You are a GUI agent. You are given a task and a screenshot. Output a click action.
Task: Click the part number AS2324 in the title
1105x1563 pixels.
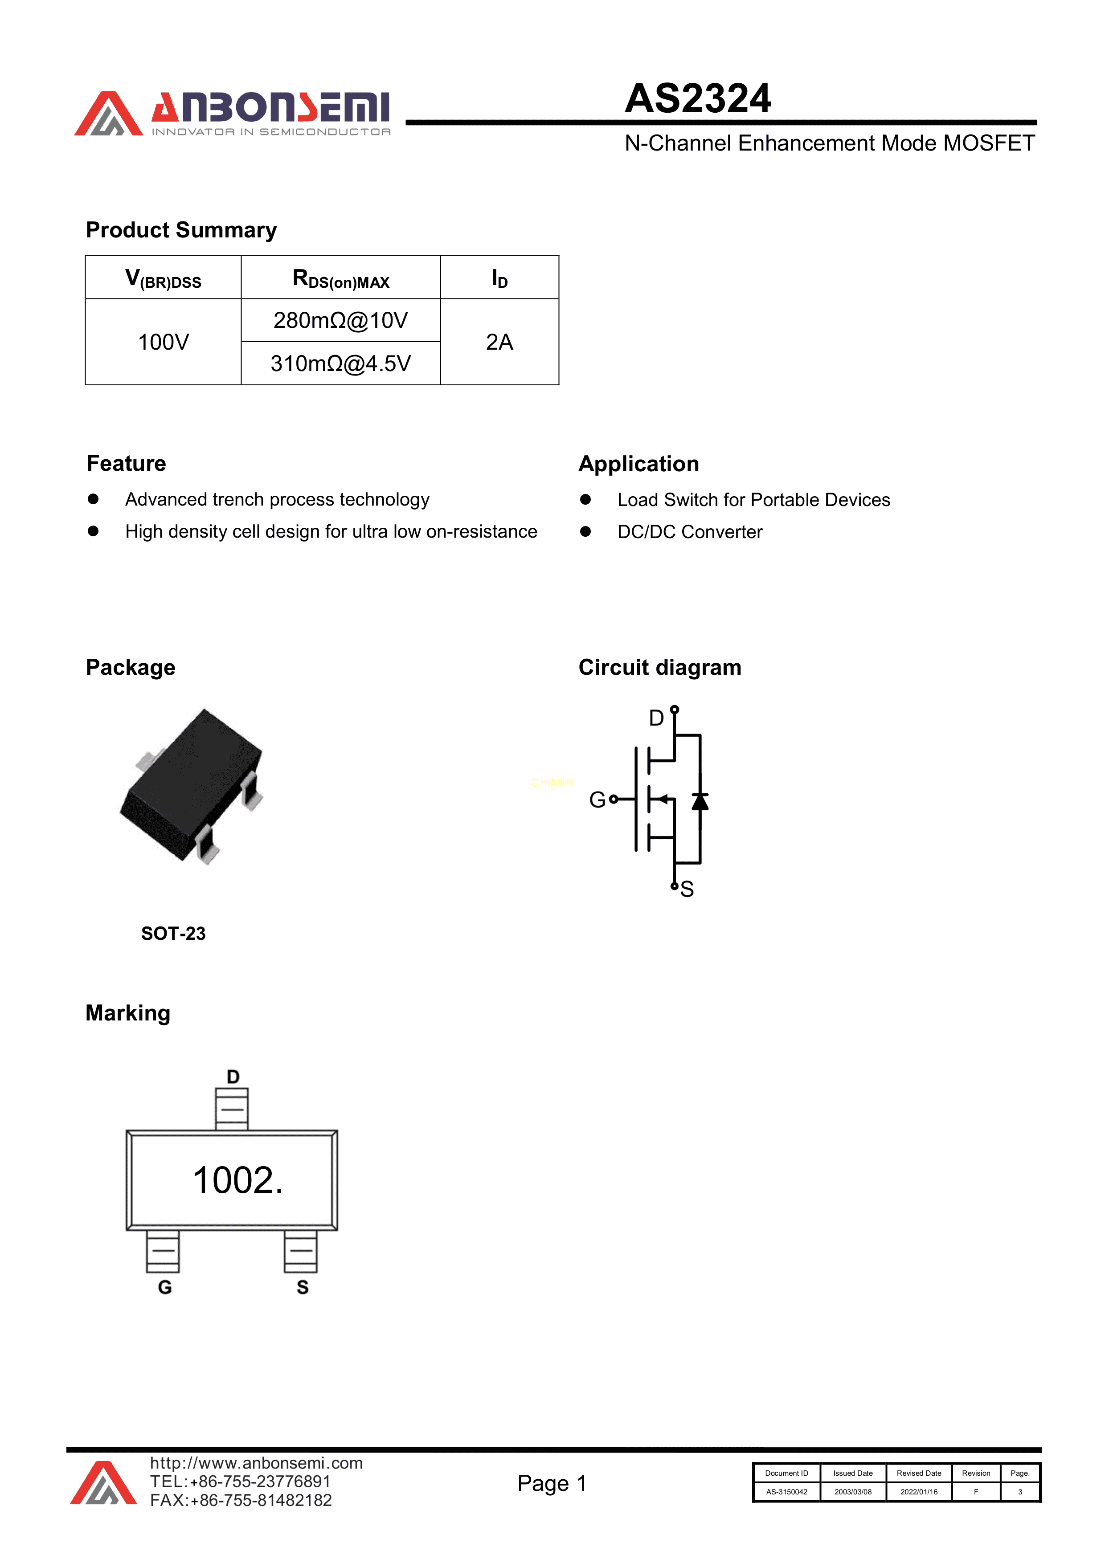[698, 99]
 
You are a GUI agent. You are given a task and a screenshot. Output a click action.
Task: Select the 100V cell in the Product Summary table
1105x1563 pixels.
[164, 342]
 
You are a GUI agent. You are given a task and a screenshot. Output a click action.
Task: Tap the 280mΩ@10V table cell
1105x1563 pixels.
[340, 320]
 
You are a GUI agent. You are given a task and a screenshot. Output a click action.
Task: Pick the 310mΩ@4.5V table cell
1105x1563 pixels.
[340, 363]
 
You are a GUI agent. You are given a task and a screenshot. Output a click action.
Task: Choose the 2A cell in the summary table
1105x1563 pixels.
[499, 342]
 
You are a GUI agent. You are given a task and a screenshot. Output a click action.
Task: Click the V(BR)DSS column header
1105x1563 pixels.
[164, 278]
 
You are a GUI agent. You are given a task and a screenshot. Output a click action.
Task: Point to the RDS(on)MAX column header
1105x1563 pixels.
[340, 278]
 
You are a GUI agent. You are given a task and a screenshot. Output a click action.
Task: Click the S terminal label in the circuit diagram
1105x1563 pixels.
[687, 889]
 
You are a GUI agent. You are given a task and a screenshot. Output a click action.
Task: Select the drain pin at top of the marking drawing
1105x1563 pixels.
[232, 1108]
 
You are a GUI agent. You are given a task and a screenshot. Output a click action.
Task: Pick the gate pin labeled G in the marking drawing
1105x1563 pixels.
[163, 1251]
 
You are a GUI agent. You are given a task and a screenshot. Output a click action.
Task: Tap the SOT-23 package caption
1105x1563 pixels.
[173, 933]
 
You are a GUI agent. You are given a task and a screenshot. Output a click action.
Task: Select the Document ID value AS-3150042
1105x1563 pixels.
[786, 1492]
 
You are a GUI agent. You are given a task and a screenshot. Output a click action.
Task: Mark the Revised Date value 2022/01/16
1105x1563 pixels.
[918, 1492]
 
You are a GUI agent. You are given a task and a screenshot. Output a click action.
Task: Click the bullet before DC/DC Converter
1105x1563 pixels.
[585, 531]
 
